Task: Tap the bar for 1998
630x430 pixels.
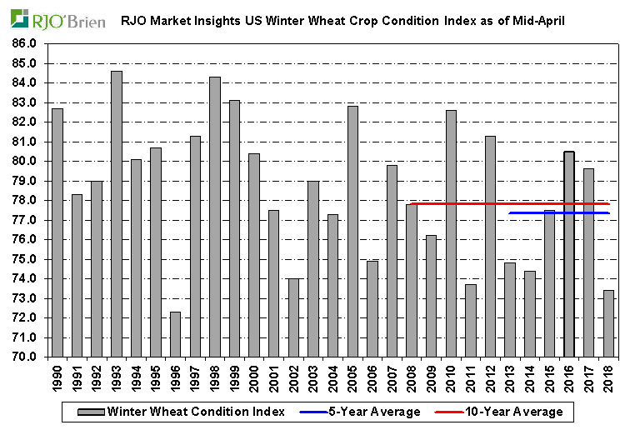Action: pos(215,217)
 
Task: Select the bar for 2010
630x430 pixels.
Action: pos(452,233)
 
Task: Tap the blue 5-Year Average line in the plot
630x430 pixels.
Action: pos(559,212)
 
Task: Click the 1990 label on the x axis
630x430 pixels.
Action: pos(57,378)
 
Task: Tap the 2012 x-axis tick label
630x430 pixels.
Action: pos(492,378)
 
